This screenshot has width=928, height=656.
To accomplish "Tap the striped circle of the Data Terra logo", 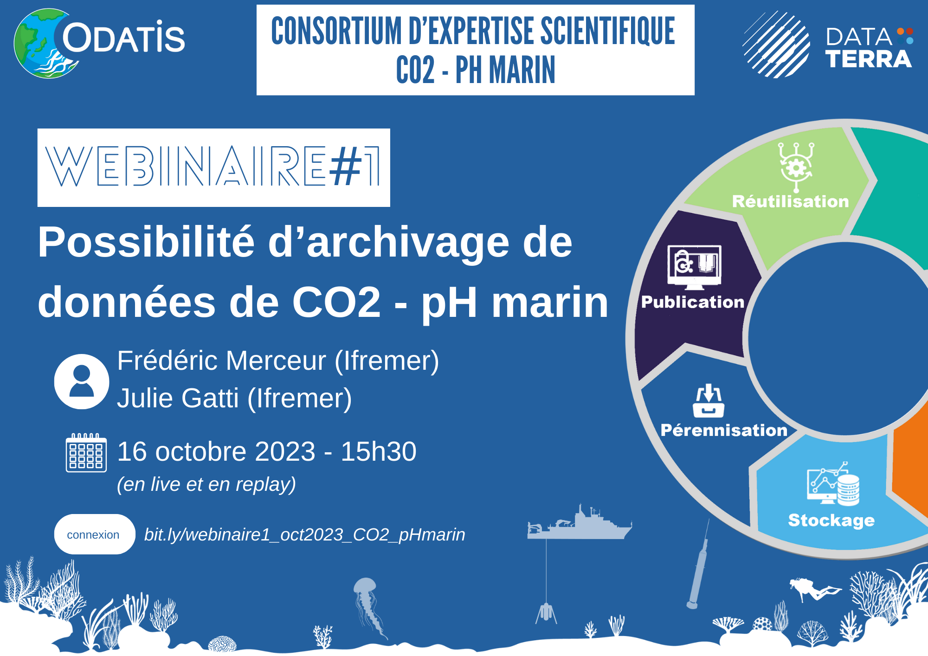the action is [x=776, y=45].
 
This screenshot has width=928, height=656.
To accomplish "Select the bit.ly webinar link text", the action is [x=304, y=534].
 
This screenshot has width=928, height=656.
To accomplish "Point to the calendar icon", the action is [x=86, y=452].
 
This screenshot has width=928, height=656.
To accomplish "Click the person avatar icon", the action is [x=82, y=381].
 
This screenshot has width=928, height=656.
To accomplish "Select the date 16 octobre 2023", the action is [x=216, y=451].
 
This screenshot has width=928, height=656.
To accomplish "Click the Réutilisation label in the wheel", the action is [x=790, y=201].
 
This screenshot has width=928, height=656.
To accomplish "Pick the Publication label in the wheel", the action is [x=693, y=302].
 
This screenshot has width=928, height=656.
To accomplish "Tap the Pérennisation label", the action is [x=724, y=430].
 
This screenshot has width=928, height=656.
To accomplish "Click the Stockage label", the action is [x=831, y=521].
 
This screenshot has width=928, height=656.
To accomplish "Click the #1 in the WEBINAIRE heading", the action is [x=355, y=166].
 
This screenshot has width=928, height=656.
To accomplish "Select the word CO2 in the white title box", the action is [x=416, y=70].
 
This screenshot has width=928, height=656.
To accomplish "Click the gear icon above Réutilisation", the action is [x=796, y=167].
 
